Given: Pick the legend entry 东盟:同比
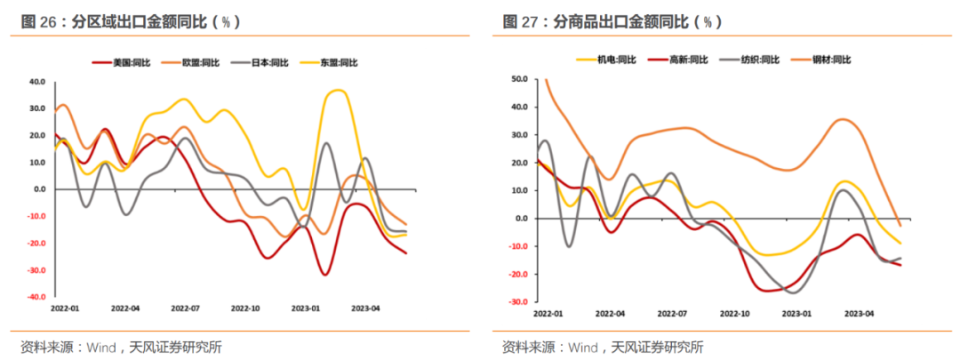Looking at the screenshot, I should [335, 62].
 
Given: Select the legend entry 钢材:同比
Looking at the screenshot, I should [832, 60].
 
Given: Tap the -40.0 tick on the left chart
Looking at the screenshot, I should [36, 298].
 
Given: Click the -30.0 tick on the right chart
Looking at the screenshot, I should [516, 302].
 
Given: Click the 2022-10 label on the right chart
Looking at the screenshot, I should [736, 314].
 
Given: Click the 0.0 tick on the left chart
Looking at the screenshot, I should [39, 189].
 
